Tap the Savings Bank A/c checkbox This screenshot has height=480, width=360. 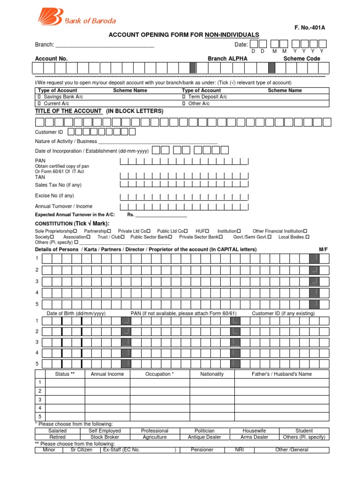[39, 97]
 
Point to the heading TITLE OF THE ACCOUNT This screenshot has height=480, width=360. [68, 111]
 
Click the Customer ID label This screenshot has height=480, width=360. [49, 132]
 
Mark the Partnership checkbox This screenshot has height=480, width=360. [109, 231]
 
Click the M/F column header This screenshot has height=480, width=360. [323, 249]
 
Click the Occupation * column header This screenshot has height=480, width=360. [159, 374]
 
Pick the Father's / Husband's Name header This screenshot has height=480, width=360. [281, 374]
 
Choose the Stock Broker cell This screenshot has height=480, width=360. [105, 437]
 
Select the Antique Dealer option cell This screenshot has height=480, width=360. [204, 437]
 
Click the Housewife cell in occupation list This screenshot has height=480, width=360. [254, 430]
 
